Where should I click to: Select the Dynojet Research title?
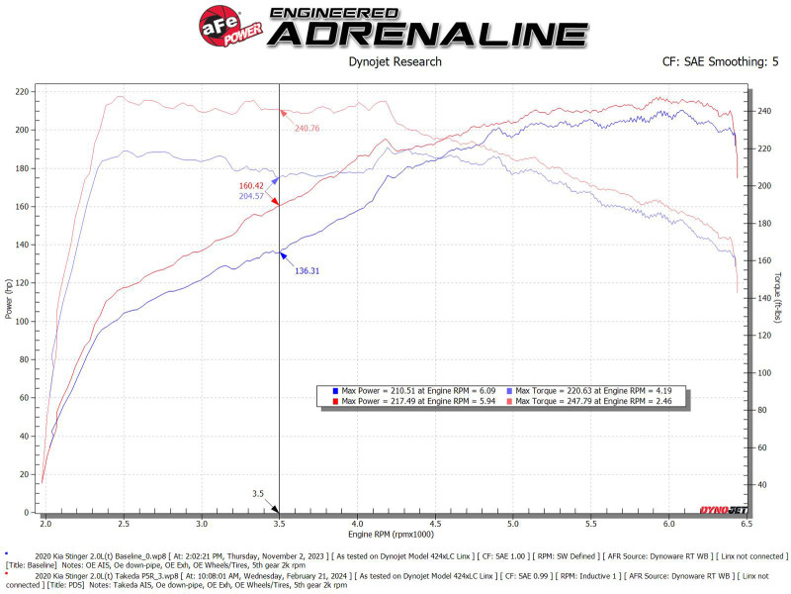[x=395, y=62]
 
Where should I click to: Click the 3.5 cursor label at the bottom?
[x=258, y=492]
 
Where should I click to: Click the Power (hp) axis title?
[x=9, y=301]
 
